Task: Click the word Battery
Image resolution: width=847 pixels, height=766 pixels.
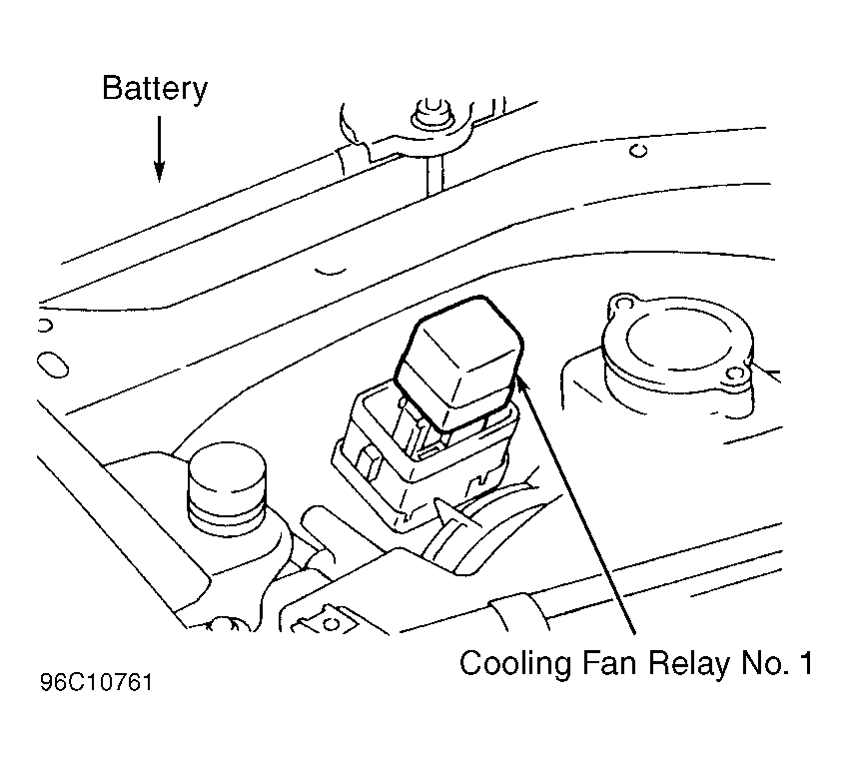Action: click(155, 88)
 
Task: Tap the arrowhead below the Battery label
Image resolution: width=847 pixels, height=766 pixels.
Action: click(159, 172)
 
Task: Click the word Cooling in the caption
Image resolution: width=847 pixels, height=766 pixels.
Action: click(514, 662)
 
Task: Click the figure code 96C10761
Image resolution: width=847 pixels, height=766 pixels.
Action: click(96, 682)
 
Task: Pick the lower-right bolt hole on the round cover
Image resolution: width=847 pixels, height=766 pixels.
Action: click(734, 374)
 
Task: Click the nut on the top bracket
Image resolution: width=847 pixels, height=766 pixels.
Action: click(432, 114)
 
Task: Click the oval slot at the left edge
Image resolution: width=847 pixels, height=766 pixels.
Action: click(53, 365)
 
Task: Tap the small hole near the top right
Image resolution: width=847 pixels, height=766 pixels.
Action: click(638, 150)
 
